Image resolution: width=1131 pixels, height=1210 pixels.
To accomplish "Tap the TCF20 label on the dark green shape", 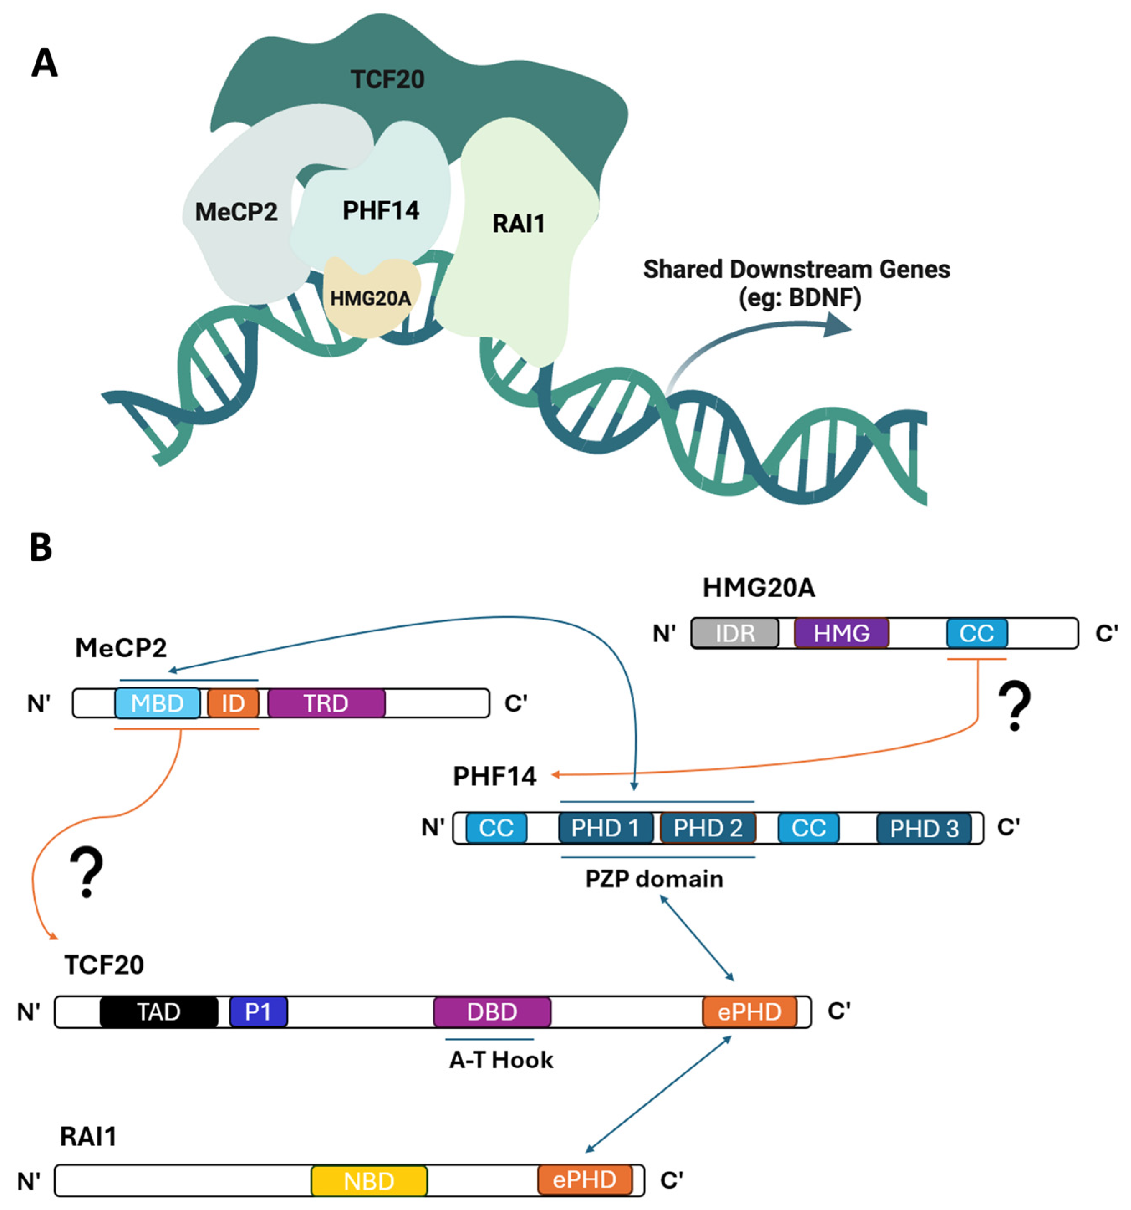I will click(387, 79).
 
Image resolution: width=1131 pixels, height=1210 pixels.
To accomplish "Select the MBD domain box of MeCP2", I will click(157, 703).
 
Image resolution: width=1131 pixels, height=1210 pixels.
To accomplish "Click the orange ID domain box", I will click(233, 703).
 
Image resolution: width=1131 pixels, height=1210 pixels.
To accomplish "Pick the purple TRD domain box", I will click(326, 703).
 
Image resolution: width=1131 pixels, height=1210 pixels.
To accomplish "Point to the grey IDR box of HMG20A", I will click(734, 633).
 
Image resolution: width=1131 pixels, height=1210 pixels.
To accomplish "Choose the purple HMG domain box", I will click(841, 633).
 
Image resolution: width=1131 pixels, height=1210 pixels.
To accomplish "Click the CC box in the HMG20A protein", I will click(976, 633).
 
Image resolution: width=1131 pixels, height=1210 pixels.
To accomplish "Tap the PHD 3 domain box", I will click(924, 828).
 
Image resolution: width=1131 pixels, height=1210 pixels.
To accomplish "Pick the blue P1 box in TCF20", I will click(258, 1011).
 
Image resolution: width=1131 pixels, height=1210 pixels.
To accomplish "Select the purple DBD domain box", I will click(492, 1011).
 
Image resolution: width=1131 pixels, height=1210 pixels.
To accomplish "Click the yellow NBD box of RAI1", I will click(369, 1181).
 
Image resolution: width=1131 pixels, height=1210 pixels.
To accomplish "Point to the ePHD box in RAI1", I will click(584, 1179).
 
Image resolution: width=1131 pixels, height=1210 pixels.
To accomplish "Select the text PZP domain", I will click(654, 879).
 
